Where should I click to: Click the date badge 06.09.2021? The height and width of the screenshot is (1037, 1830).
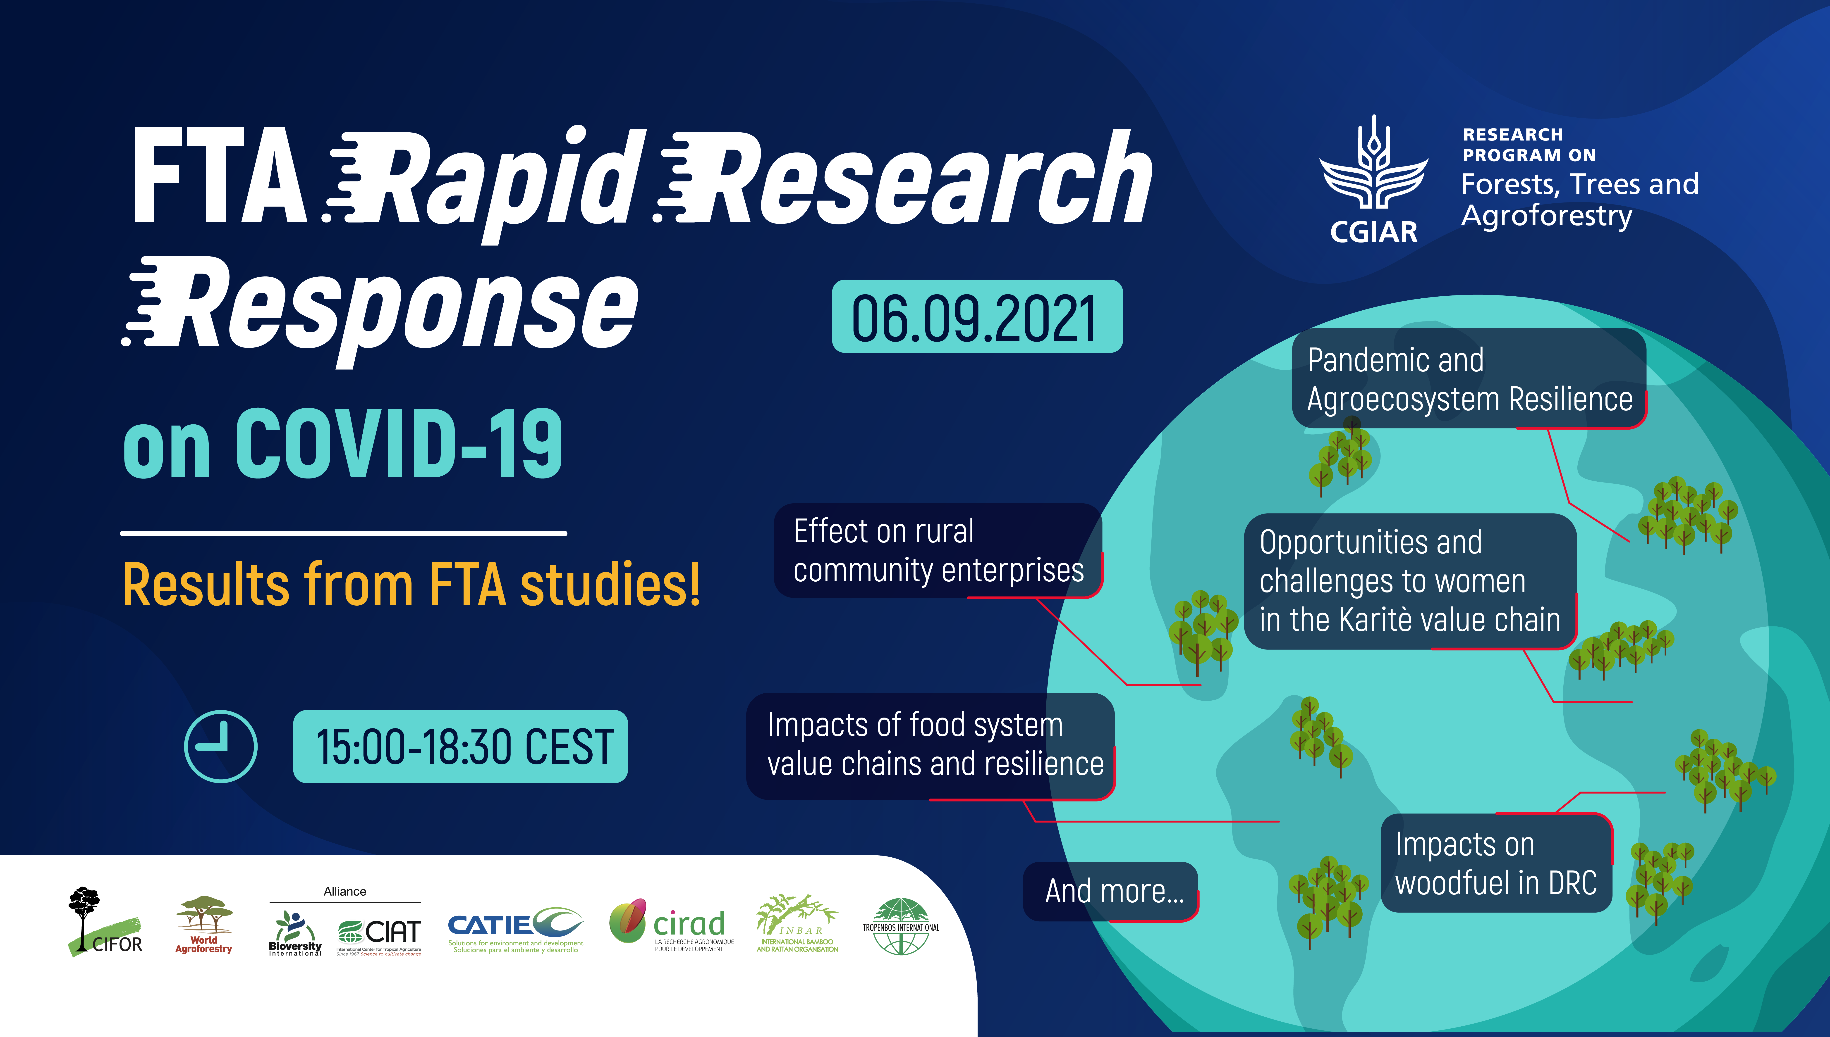click(x=977, y=316)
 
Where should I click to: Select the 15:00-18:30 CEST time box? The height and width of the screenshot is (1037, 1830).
click(x=460, y=746)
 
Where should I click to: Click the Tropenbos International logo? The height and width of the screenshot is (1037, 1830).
click(x=901, y=926)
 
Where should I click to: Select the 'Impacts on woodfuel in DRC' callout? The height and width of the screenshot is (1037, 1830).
click(x=1497, y=863)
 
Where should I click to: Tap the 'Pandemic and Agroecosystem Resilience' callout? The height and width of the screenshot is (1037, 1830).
click(x=1469, y=378)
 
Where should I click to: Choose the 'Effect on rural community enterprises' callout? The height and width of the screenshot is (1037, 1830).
click(x=938, y=551)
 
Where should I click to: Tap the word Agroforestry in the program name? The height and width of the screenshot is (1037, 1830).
click(x=1546, y=216)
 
